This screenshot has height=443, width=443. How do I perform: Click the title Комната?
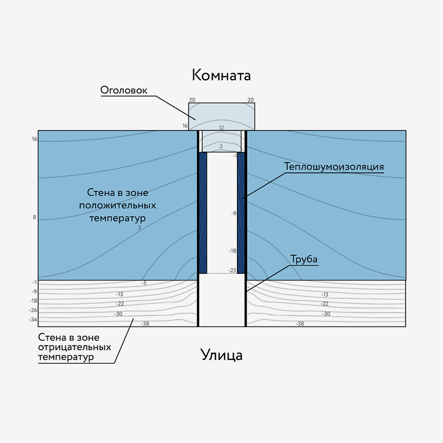point(221,75)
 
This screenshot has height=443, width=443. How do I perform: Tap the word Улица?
point(221,355)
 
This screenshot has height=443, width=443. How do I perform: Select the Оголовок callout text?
point(124,90)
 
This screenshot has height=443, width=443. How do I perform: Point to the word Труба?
point(304,259)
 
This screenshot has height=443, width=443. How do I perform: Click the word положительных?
point(117,206)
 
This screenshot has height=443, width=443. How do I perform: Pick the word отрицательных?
point(74,347)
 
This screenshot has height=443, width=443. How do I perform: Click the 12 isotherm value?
point(221,128)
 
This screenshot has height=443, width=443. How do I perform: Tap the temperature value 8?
point(35,218)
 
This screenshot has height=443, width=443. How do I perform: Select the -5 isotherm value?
point(144,283)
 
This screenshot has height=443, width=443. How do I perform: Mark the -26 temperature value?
point(34,310)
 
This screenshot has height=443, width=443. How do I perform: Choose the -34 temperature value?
point(34,320)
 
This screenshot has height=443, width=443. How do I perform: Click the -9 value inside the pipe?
point(233,213)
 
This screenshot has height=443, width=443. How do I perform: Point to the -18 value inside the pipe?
point(233,251)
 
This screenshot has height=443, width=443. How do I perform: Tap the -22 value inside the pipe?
point(233,270)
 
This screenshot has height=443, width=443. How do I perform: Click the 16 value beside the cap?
point(185,126)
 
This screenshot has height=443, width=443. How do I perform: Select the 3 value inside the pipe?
point(221,145)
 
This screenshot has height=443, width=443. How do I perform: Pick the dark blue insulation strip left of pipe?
point(202,213)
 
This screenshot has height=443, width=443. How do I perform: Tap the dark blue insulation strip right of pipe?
point(241,213)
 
